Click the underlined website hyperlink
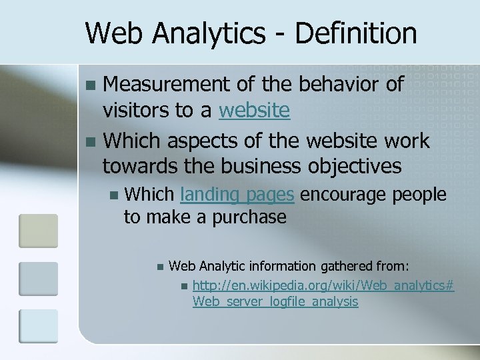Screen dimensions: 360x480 tap(254, 110)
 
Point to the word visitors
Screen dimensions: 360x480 tap(135, 110)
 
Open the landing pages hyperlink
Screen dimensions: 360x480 tap(237, 195)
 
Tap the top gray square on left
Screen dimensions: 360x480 tap(38, 230)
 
